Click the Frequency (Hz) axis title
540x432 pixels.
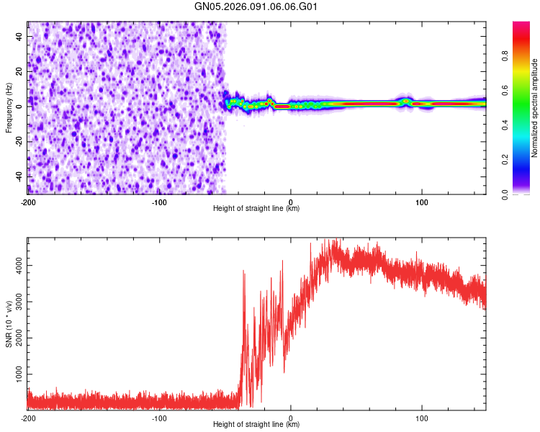pyautogui.click(x=9, y=108)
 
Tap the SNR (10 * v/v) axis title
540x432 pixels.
pyautogui.click(x=9, y=323)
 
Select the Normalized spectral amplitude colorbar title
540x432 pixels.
pyautogui.click(x=535, y=108)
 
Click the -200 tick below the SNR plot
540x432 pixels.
pyautogui.click(x=27, y=418)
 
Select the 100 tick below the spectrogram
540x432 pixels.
pyautogui.click(x=423, y=202)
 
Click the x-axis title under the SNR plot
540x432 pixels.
pyautogui.click(x=256, y=425)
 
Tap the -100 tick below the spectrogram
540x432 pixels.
pyautogui.click(x=159, y=202)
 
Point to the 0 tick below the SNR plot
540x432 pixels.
pyautogui.click(x=291, y=418)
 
